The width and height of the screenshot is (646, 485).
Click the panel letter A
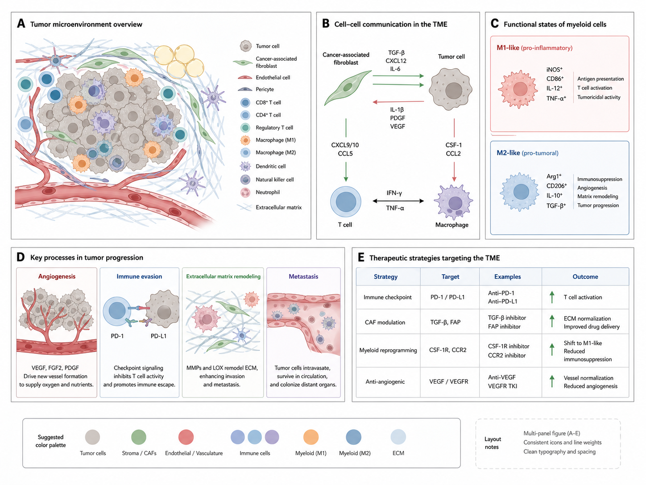click(x=21, y=24)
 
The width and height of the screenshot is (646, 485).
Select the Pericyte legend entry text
click(x=265, y=89)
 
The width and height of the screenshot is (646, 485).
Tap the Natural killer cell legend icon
click(x=245, y=180)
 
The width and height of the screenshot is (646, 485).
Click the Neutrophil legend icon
click(x=245, y=192)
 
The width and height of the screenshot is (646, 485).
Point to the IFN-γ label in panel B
click(x=394, y=193)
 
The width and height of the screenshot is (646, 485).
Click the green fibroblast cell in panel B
click(x=347, y=88)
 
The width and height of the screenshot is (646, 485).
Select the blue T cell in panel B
click(x=346, y=202)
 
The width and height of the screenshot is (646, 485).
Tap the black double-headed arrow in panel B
click(x=398, y=201)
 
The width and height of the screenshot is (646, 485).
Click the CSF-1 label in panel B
click(x=454, y=145)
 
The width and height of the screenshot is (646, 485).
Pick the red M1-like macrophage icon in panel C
click(x=520, y=89)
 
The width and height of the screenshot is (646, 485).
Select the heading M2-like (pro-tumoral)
click(x=527, y=153)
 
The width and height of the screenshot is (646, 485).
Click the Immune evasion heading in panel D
click(x=139, y=276)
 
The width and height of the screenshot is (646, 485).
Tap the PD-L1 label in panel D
click(x=158, y=336)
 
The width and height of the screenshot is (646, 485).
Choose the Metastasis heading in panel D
click(x=303, y=276)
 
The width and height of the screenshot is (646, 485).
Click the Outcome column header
click(x=585, y=277)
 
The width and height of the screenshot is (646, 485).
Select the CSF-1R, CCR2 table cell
click(x=447, y=350)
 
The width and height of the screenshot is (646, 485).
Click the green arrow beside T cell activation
click(x=552, y=297)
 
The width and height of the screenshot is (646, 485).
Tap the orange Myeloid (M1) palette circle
click(x=311, y=437)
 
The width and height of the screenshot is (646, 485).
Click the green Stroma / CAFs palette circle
click(x=139, y=437)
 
